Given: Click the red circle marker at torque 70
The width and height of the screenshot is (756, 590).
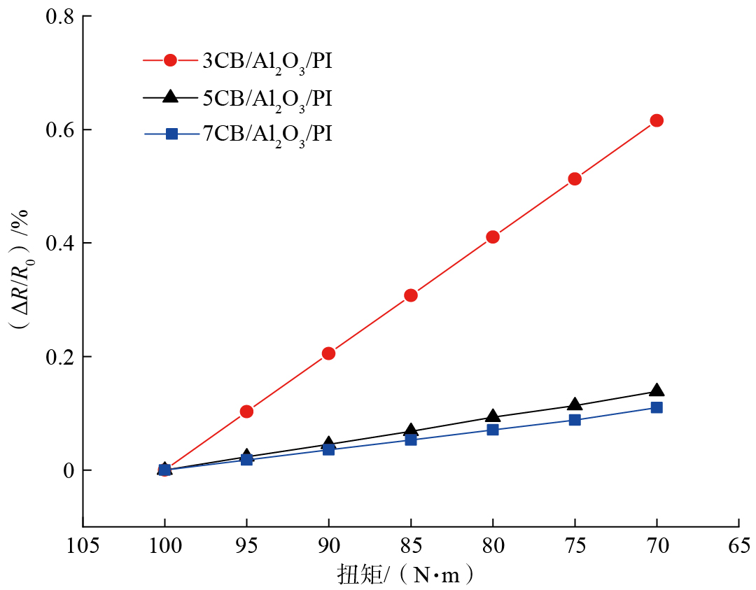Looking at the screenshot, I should tap(657, 120).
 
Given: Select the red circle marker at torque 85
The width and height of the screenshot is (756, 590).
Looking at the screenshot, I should tap(411, 295).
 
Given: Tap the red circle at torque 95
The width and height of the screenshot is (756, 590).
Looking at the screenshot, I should tap(246, 412).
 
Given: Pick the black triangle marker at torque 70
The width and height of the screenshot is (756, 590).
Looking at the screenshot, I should tap(657, 391).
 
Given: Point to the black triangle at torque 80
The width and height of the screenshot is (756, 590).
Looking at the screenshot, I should tap(493, 416).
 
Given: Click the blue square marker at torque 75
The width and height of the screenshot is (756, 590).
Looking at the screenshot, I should tap(575, 420).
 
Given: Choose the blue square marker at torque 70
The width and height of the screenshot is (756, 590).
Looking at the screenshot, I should tap(657, 407).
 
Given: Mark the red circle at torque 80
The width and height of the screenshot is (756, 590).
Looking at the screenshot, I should tap(493, 237).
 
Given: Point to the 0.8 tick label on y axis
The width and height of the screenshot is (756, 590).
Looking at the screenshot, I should tap(60, 16).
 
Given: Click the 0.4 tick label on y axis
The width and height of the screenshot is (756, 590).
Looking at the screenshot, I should tap(60, 243).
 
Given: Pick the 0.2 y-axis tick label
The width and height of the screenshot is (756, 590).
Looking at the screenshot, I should tap(60, 356).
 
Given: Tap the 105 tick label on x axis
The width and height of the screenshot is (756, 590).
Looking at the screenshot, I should tap(83, 545).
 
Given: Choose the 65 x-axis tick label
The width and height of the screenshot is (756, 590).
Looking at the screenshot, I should tap(739, 545).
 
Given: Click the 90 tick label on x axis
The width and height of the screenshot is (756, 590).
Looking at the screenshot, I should tap(328, 545).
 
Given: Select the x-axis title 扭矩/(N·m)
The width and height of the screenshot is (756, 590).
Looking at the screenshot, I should tap(410, 575).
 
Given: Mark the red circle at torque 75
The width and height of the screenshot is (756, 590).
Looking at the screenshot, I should tap(575, 178).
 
